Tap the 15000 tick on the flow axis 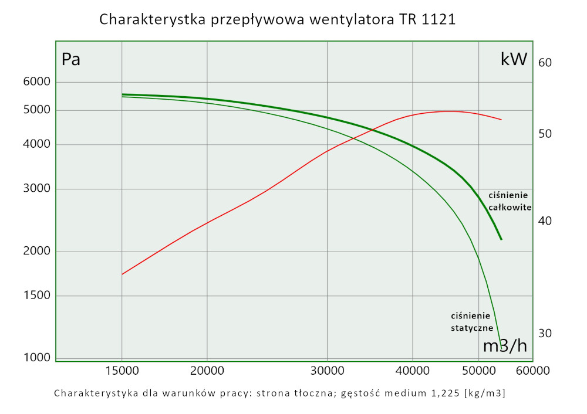click(x=122, y=371)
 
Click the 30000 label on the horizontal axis click(x=326, y=371)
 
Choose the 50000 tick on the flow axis click(x=480, y=371)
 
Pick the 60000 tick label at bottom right click(x=533, y=371)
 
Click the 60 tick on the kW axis click(x=545, y=63)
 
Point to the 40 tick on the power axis click(x=545, y=220)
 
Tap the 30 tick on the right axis click(x=545, y=333)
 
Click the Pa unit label click(x=70, y=59)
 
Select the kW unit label click(x=514, y=59)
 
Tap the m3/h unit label click(x=505, y=346)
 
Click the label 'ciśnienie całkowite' click(x=510, y=201)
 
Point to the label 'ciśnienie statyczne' click(x=471, y=321)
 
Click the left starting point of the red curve click(x=122, y=274)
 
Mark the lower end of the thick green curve click(x=501, y=239)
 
